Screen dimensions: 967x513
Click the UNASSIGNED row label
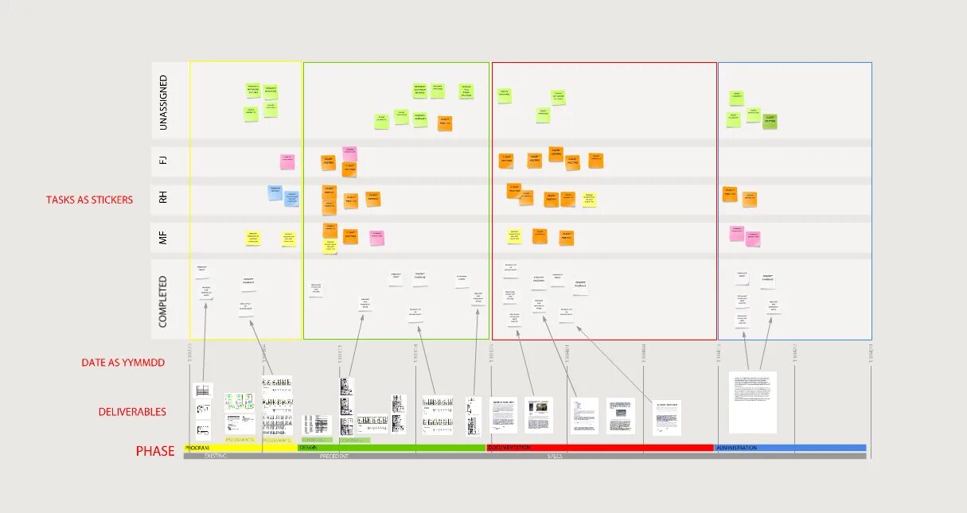pos(163,103)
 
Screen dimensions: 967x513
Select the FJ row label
pos(163,160)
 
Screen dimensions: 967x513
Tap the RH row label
pos(163,197)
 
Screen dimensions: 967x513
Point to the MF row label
pos(163,235)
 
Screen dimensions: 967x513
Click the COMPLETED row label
pos(163,301)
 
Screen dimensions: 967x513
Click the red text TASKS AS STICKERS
pos(89,200)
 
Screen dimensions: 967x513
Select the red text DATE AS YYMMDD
pos(123,363)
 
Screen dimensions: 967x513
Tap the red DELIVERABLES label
pos(132,412)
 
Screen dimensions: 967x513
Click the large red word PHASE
pos(155,451)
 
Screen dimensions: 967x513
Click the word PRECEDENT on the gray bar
pos(334,457)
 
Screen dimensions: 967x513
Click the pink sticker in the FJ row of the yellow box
pos(287,162)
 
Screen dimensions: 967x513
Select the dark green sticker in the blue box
pos(770,121)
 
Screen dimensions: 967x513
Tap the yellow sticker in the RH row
pos(588,199)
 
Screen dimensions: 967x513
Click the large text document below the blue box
pos(752,402)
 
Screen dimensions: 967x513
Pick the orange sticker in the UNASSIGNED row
pos(445,123)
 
